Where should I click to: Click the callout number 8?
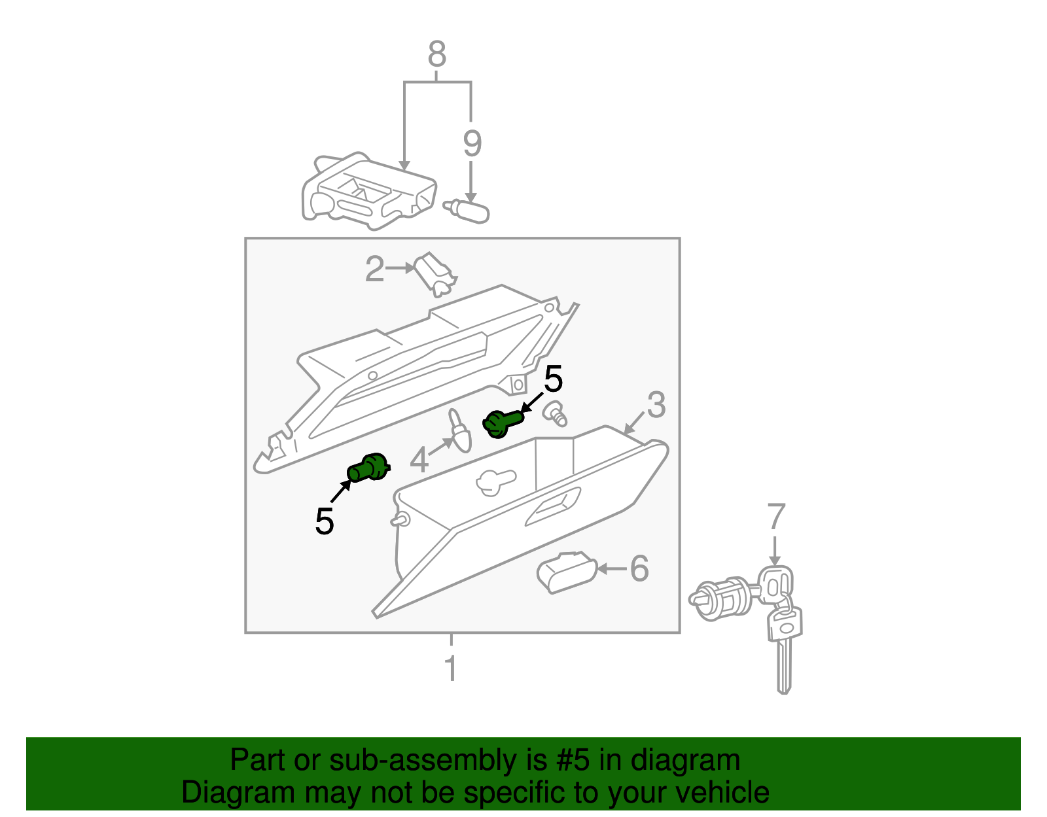click(436, 54)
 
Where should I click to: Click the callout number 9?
click(472, 143)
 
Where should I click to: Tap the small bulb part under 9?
click(468, 211)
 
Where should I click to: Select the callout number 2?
click(374, 269)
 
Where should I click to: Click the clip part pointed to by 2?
click(435, 273)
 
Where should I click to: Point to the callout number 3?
click(656, 405)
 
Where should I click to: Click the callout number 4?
click(419, 460)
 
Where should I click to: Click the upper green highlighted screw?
click(502, 423)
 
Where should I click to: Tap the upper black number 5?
click(553, 379)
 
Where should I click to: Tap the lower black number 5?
click(325, 521)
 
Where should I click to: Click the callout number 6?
click(639, 568)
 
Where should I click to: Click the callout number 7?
click(775, 517)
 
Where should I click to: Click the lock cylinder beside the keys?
click(723, 597)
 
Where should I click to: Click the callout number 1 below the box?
click(450, 669)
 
